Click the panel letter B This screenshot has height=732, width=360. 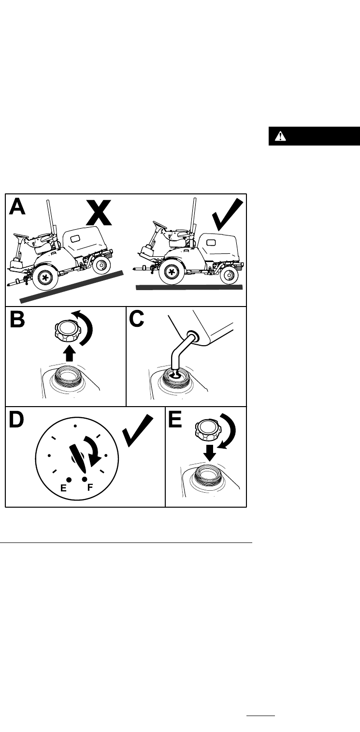click(x=18, y=319)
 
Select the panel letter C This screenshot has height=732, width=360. click(x=137, y=319)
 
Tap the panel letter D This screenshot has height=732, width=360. click(x=16, y=420)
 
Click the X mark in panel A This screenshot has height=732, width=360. click(x=99, y=213)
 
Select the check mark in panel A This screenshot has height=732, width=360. click(x=228, y=215)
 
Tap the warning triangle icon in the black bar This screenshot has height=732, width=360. click(x=280, y=136)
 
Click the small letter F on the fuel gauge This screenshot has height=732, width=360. click(x=90, y=487)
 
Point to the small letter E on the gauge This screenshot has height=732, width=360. click(x=63, y=488)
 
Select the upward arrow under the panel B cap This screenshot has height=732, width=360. click(x=69, y=353)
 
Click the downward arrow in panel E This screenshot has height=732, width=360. click(x=209, y=453)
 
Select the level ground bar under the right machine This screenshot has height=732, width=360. click(x=189, y=287)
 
